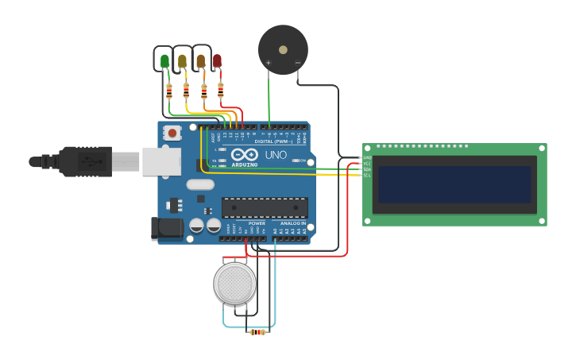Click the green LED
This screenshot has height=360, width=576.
pyautogui.click(x=164, y=61)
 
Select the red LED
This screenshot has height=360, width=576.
pyautogui.click(x=217, y=61)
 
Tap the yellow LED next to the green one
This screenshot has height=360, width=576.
pyautogui.click(x=182, y=61)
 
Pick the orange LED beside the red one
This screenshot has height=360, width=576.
pyautogui.click(x=200, y=61)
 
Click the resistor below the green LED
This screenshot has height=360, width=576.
pyautogui.click(x=168, y=91)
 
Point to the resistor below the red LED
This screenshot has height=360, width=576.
pyautogui.click(x=220, y=91)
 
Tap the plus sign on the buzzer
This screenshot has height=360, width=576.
pyautogui.click(x=269, y=63)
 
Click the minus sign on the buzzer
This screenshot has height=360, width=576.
pyautogui.click(x=298, y=63)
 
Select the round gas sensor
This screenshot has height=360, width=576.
pyautogui.click(x=234, y=283)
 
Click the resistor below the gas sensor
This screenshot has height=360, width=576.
pyautogui.click(x=257, y=332)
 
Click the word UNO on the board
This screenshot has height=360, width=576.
pyautogui.click(x=276, y=154)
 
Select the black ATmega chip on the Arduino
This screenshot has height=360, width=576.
pyautogui.click(x=265, y=208)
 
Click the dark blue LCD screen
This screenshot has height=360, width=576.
pyautogui.click(x=454, y=184)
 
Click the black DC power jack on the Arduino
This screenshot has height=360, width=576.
pyautogui.click(x=167, y=228)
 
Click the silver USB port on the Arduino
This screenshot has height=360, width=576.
pyautogui.click(x=161, y=161)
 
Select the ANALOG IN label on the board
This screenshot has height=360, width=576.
pyautogui.click(x=292, y=223)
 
